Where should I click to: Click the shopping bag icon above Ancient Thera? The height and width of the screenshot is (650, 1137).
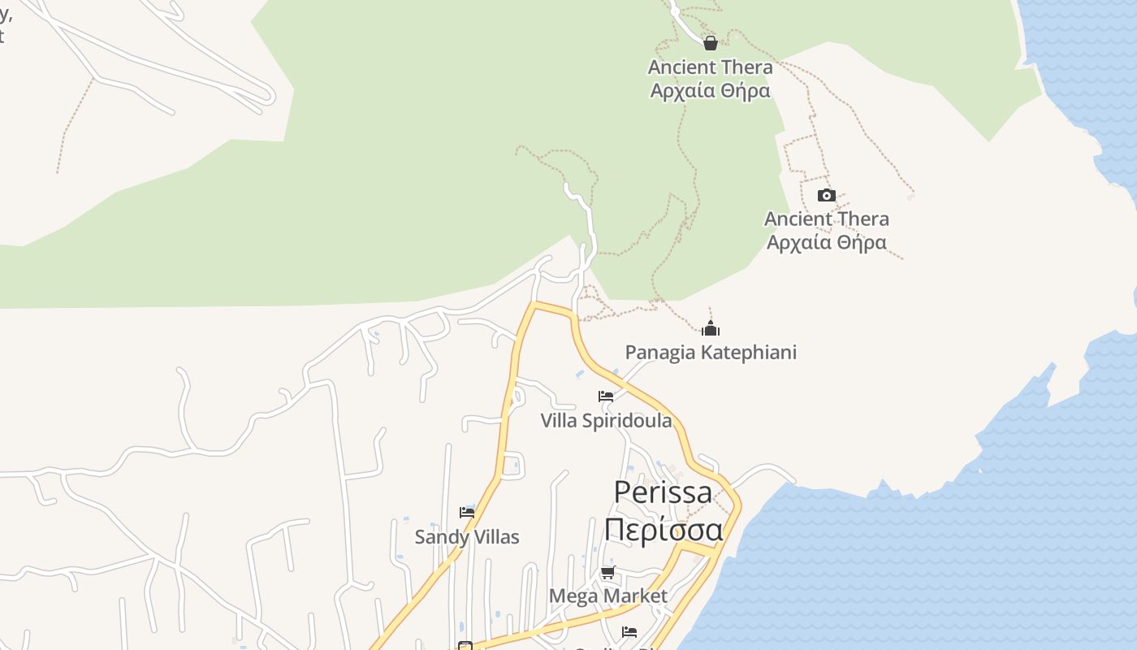pos(711,43)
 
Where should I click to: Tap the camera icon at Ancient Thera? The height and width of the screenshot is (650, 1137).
pos(827,195)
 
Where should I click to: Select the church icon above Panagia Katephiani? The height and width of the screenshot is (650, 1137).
pos(711,328)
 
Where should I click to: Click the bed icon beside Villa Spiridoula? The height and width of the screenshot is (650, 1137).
pos(606,396)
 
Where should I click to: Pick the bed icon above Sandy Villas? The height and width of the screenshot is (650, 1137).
pos(467,513)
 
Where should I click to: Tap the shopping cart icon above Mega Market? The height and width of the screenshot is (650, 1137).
pos(607,572)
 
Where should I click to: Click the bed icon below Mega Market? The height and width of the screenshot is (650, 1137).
pos(629,631)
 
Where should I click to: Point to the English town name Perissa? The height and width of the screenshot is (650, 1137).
pos(663,492)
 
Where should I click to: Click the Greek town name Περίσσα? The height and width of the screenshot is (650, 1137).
pos(663,530)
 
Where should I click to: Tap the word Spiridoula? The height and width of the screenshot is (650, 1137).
pos(625,421)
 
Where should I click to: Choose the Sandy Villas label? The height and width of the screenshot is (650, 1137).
pos(467,537)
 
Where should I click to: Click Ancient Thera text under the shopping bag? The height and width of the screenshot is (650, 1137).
pos(710,67)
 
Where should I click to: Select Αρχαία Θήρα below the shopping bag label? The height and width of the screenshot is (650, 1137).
pos(710,90)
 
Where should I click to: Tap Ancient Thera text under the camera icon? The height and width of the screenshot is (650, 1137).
pos(827,219)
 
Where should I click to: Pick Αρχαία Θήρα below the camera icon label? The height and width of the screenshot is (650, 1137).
pos(827,242)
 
